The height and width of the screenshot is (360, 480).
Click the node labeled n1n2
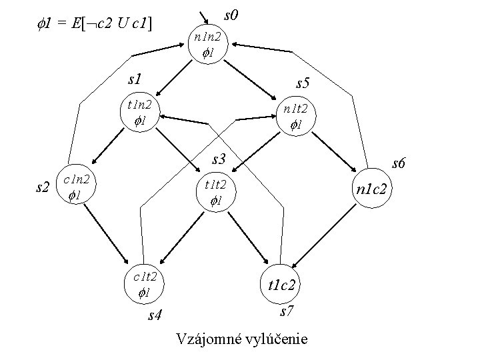[x=209, y=45]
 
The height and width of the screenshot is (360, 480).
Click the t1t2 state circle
[x=215, y=193]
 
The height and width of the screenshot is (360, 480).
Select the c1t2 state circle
[x=145, y=283]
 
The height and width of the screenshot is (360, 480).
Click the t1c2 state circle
[x=282, y=285]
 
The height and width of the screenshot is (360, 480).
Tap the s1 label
[x=136, y=79]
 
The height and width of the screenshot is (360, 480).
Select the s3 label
[x=219, y=160]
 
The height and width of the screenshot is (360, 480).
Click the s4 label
[x=155, y=315]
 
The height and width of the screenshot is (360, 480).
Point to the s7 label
[x=287, y=311]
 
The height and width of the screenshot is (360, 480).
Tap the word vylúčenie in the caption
[x=277, y=339]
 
